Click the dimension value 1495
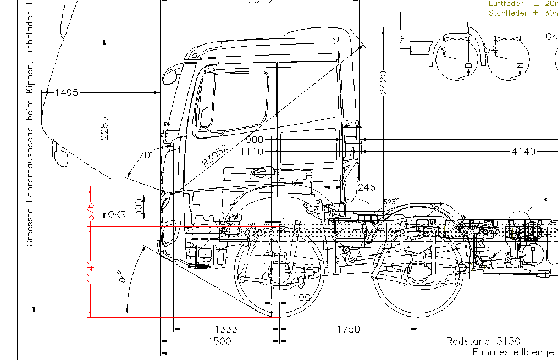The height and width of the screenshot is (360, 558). pos(67,92)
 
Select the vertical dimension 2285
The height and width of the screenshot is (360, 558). pos(104,128)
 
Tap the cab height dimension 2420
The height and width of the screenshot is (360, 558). pos(383,82)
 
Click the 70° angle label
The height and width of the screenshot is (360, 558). pos(145,155)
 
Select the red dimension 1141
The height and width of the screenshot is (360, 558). pos(91,272)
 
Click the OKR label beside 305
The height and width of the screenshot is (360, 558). pos(117,214)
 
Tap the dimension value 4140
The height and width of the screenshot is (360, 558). pos(523,151)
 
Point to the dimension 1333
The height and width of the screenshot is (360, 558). pos(226,329)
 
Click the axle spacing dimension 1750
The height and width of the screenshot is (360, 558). pos(348,329)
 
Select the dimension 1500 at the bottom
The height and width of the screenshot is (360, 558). pos(219,341)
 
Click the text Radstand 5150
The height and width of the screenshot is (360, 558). pos(482,341)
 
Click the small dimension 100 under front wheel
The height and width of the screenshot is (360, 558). pos(301,297)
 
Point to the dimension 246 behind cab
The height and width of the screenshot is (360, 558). pos(366,187)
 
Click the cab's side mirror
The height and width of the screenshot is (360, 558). pos(171,75)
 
